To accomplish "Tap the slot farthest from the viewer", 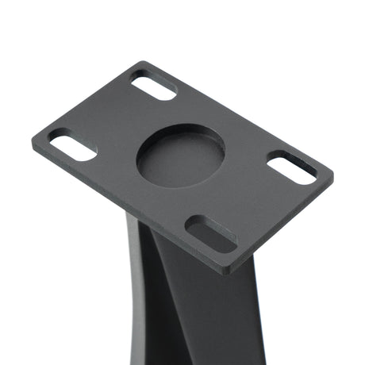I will (x=153, y=85).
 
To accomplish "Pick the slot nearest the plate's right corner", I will (x=291, y=168).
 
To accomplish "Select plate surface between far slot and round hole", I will (x=167, y=111).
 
